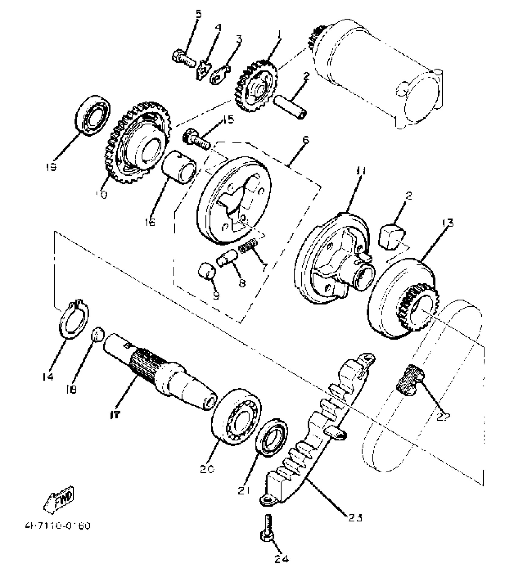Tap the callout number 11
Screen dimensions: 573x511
click(x=360, y=172)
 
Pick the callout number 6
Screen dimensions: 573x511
click(x=305, y=140)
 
